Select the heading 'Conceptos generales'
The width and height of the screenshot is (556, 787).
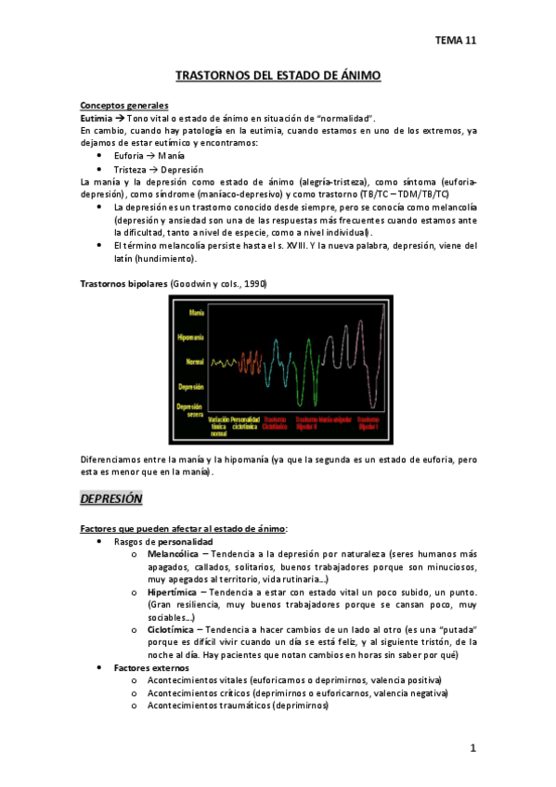[124, 105]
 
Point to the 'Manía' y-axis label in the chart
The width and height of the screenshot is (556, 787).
[195, 313]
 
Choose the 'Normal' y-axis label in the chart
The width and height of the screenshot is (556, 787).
[194, 361]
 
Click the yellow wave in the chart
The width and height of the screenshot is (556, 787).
[224, 362]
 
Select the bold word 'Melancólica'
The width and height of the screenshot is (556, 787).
[175, 554]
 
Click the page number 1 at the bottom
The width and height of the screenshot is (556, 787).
[472, 748]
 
